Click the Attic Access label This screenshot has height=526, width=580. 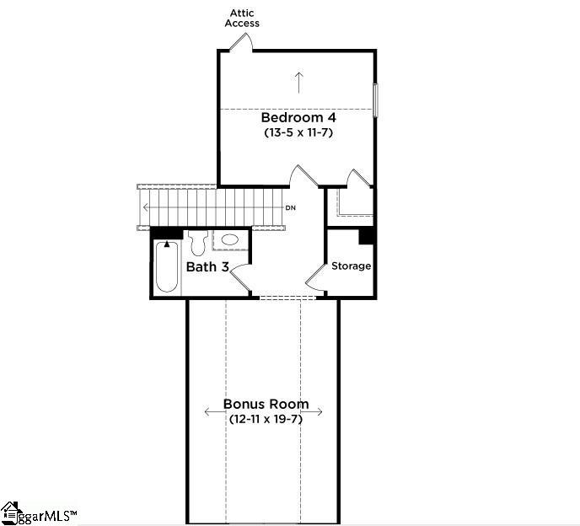coord(242,19)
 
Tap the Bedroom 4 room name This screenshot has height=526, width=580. coord(298,118)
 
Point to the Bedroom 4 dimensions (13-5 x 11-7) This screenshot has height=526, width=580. coord(298,132)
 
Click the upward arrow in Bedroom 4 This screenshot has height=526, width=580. coord(299,83)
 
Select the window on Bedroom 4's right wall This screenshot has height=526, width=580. coord(375,100)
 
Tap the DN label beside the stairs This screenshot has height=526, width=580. coord(291,208)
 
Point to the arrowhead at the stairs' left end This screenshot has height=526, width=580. coord(146,207)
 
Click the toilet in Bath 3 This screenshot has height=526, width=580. coord(199,243)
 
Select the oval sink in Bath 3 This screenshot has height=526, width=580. coord(229,239)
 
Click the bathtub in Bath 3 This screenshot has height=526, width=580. coord(167,266)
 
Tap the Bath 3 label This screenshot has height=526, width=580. coord(207,266)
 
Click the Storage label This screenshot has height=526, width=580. coord(351,266)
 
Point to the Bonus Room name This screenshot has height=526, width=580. coord(266,404)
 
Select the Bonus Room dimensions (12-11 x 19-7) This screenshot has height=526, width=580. coord(266,419)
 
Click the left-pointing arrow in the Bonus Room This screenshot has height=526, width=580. coord(215,411)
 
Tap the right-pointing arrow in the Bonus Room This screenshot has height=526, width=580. coord(313,411)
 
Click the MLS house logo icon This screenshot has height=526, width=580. coord(10,513)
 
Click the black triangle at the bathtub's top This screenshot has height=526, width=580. coord(167,244)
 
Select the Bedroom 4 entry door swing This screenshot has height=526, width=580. coord(303,175)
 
